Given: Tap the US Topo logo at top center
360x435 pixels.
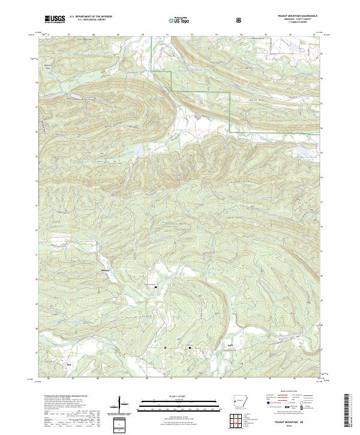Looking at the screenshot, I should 179,20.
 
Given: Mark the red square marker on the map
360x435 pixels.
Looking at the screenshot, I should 165,347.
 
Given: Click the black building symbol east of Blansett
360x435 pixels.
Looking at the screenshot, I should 157,287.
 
